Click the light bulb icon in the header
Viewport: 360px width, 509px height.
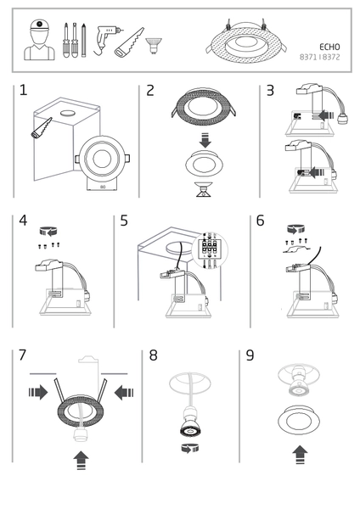(154, 42)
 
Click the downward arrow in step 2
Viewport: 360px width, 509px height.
(203, 138)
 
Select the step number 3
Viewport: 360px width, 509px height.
(270, 91)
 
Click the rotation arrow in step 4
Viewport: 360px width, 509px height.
(49, 230)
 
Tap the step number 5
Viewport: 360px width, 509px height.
(124, 221)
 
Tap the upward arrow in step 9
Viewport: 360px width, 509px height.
(300, 455)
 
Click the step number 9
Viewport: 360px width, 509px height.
(250, 355)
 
